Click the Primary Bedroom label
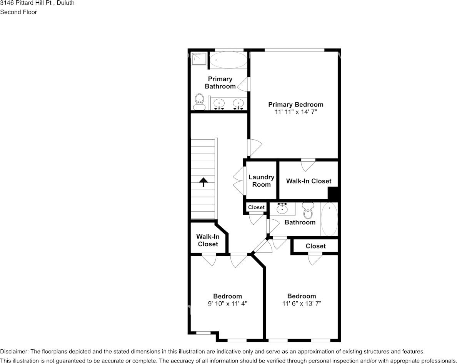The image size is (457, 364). pos(295,104)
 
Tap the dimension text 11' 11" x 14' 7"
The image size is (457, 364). pos(295,112)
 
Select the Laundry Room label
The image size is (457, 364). pos(261,181)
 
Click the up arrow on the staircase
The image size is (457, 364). pos(203,182)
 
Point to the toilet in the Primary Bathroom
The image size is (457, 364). pos(199,101)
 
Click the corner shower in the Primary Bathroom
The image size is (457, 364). pos(199,58)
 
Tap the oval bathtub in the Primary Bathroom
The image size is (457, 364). pos(228,60)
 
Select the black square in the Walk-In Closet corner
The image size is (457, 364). pos(332,193)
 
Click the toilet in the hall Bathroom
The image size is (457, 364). pos(308,210)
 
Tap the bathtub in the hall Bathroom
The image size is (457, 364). pos(329,219)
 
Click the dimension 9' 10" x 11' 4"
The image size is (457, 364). pos(227,304)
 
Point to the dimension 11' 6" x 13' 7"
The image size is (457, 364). pos(302,304)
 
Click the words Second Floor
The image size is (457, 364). pos(18,12)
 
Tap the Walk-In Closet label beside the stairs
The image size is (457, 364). pos(208,240)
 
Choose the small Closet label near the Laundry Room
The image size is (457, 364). pos(256,207)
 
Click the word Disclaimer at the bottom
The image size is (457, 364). pos(13,352)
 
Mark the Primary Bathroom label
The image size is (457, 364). pos(220,82)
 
